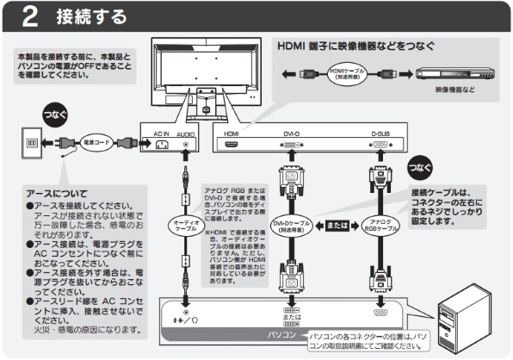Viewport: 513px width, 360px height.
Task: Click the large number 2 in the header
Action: (x=28, y=16)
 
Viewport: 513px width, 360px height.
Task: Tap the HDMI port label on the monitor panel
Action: (x=231, y=133)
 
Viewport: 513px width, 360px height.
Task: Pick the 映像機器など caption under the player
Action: (x=455, y=90)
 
